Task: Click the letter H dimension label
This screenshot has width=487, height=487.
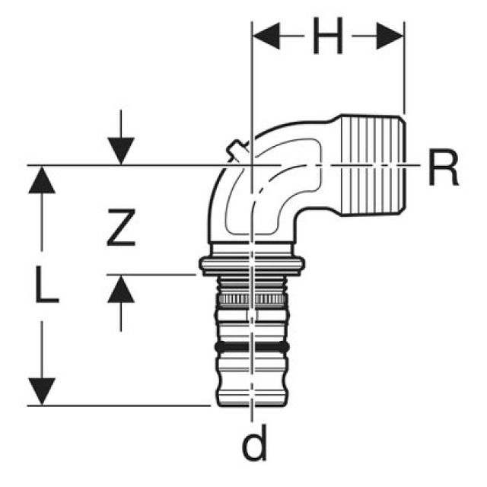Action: coord(328,36)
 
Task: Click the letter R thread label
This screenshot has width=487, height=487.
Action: coord(443,167)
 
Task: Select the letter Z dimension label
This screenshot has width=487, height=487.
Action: coord(121,228)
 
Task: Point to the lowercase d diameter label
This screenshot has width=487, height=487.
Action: coord(253,443)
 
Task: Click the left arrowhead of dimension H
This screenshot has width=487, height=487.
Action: coord(266,36)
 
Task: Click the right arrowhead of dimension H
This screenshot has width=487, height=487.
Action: coord(390,36)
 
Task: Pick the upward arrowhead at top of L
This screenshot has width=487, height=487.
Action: coord(42,180)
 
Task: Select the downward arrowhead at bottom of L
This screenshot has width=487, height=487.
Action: coord(42,391)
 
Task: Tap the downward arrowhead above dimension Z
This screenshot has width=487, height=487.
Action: coord(121,151)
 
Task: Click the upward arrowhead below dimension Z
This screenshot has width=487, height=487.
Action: coord(121,289)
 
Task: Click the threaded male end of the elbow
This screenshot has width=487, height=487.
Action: coord(374,164)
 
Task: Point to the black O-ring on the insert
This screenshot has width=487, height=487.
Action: coord(252,347)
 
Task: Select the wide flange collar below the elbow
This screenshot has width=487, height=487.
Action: coord(252,266)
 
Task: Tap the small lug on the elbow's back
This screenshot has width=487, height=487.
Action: coord(237,151)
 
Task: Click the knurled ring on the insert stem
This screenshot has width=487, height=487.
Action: coord(252,299)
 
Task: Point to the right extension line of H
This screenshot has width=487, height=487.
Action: coord(404,68)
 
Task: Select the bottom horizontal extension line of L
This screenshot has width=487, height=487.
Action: coord(119,406)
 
